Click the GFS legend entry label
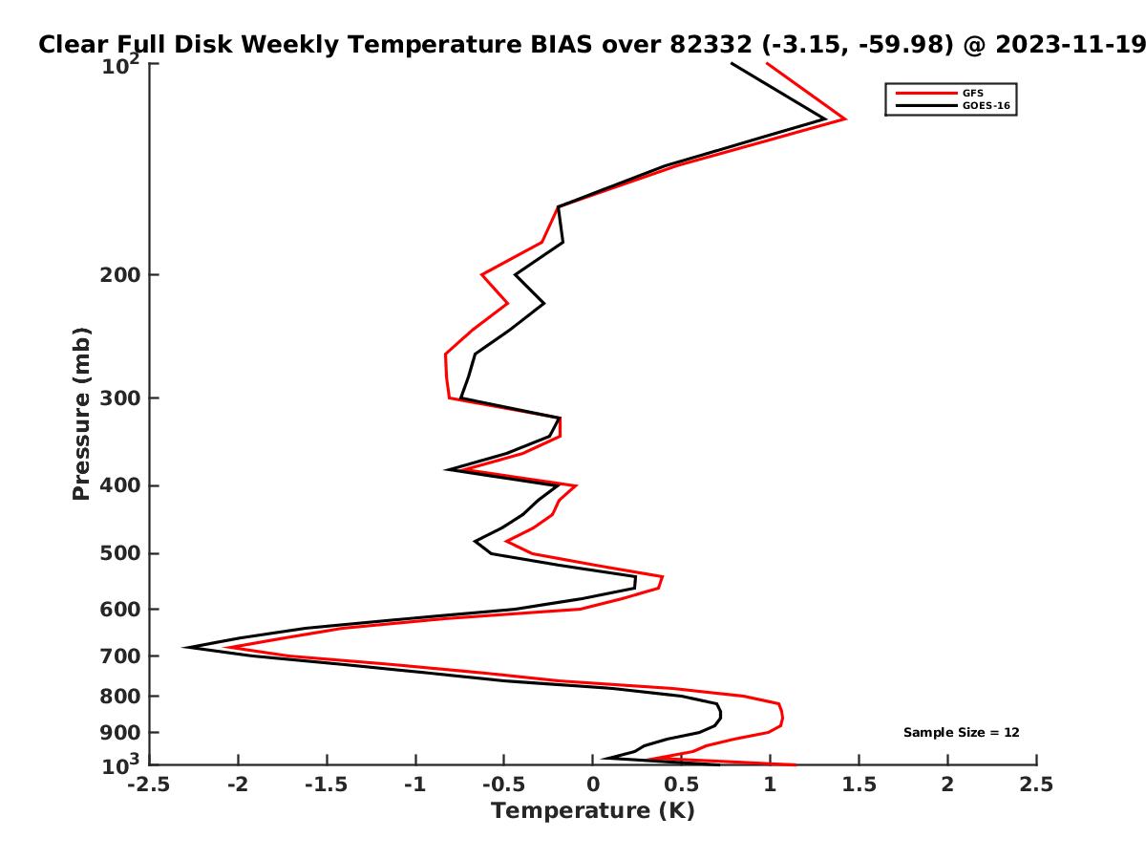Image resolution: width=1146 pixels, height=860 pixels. [x=972, y=94]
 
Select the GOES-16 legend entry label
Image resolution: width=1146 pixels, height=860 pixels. [x=986, y=105]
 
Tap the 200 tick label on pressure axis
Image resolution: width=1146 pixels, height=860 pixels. [x=120, y=274]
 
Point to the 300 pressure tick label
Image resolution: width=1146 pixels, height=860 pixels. [x=120, y=398]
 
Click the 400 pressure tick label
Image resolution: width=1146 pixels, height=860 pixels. [x=120, y=485]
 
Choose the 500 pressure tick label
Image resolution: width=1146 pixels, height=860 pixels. [x=120, y=553]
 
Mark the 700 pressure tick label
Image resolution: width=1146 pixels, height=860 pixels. [x=120, y=656]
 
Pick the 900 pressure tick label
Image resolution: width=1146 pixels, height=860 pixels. [x=120, y=733]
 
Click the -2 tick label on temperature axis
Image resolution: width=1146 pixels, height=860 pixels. [x=238, y=785]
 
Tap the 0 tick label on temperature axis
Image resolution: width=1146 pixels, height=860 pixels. [x=593, y=785]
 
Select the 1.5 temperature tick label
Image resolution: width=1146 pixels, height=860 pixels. [x=859, y=785]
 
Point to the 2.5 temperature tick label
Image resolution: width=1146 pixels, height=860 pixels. [x=1036, y=785]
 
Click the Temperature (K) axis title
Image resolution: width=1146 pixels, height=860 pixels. [x=593, y=811]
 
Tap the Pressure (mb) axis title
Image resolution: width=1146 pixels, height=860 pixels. [x=81, y=414]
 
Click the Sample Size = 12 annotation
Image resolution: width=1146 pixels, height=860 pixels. [x=961, y=733]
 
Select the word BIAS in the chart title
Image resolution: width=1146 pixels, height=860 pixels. [x=562, y=45]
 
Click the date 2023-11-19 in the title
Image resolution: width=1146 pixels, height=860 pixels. [x=1071, y=45]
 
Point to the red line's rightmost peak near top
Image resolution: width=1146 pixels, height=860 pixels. [x=845, y=119]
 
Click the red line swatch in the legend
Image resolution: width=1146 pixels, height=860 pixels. [x=926, y=94]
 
